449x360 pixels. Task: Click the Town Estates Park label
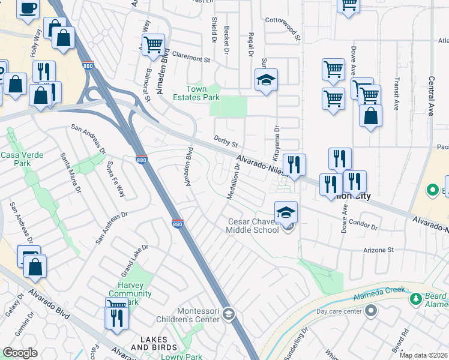point(196,93)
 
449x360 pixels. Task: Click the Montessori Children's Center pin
point(228,314)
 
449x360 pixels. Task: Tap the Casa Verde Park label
point(16,159)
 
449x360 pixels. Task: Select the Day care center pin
point(370,311)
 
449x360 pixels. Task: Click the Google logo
point(20,353)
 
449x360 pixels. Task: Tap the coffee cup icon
point(28,8)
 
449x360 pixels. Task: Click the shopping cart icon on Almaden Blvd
point(153,44)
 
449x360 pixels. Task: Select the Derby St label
point(226,142)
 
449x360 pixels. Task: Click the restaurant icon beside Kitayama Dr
point(294,164)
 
